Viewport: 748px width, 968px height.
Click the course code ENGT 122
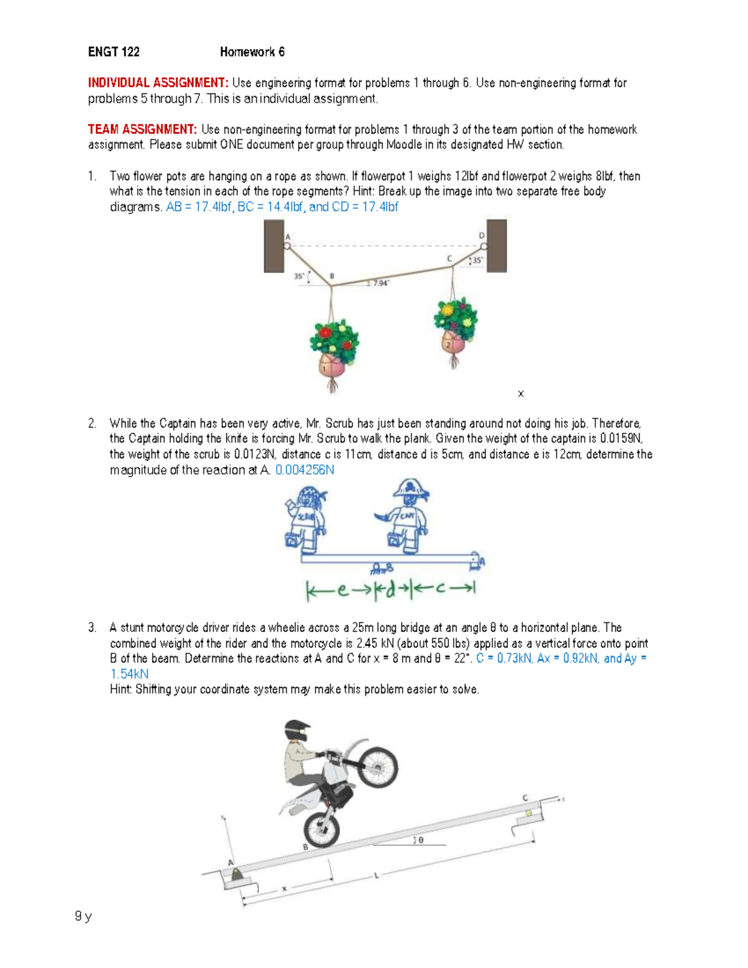(x=113, y=52)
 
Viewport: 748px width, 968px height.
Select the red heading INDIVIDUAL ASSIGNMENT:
(x=158, y=83)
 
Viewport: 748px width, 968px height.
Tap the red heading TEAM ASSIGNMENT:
(x=142, y=130)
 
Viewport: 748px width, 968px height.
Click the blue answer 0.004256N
(x=304, y=470)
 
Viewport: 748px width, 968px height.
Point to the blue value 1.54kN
(x=129, y=674)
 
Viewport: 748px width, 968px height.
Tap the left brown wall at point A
(x=274, y=246)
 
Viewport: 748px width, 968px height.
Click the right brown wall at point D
(x=497, y=246)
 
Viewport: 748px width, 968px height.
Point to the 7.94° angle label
(x=380, y=283)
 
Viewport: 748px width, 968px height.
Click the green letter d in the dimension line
(x=391, y=589)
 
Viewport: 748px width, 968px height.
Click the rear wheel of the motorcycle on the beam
(x=322, y=829)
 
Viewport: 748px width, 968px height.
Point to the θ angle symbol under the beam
(x=421, y=840)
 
